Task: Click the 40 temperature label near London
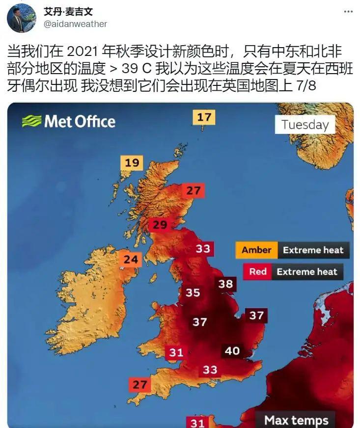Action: (x=232, y=350)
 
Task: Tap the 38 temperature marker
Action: (x=225, y=284)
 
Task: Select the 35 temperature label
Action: (x=193, y=293)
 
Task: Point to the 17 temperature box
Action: (x=204, y=117)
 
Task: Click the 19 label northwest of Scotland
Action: (x=132, y=162)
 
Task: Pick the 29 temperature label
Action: (x=160, y=225)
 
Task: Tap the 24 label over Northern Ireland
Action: (x=130, y=259)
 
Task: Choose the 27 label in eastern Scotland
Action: (x=194, y=190)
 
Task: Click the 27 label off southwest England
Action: (x=139, y=384)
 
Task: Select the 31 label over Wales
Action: (x=176, y=352)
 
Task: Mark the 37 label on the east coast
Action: (x=256, y=316)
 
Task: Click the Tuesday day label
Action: (x=305, y=125)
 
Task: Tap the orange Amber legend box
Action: (x=256, y=250)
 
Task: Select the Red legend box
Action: (x=258, y=271)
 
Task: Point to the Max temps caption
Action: (x=296, y=420)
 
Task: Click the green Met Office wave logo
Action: (x=31, y=121)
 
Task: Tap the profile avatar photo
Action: (x=21, y=18)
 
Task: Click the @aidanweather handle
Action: (x=75, y=24)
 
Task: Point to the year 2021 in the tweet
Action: (x=81, y=52)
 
